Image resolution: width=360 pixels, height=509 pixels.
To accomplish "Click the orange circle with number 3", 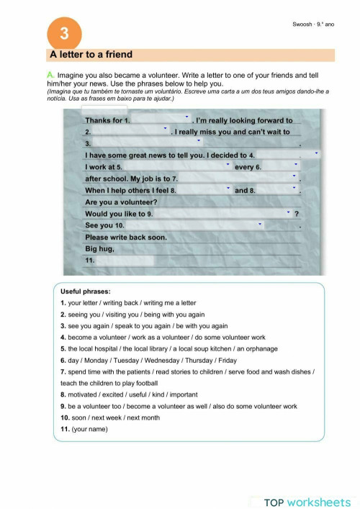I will pyautogui.click(x=64, y=34).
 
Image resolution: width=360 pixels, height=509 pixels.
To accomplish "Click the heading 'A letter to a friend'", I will pyautogui.click(x=91, y=55).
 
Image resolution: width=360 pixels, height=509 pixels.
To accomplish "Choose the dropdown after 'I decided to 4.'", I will pyautogui.click(x=288, y=155).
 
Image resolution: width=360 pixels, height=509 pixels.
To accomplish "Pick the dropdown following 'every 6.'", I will pyautogui.click(x=281, y=166).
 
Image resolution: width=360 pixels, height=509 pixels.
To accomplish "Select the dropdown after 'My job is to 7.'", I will pyautogui.click(x=238, y=178).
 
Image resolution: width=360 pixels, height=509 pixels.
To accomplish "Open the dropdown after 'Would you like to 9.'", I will pyautogui.click(x=224, y=214).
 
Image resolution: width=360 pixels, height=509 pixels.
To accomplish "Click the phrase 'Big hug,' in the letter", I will pyautogui.click(x=100, y=248).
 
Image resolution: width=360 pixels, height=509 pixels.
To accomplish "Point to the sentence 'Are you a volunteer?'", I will pyautogui.click(x=121, y=202).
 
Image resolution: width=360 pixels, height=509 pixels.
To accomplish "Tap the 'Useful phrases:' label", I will pyautogui.click(x=86, y=292).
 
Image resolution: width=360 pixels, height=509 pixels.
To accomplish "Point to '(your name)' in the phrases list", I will pyautogui.click(x=89, y=429).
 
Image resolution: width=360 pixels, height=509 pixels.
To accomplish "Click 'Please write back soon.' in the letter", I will pyautogui.click(x=126, y=237).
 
